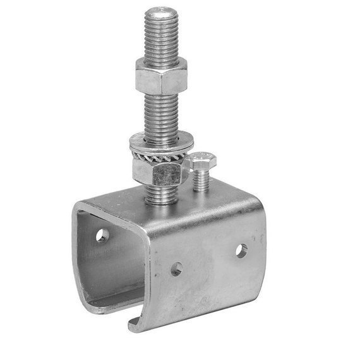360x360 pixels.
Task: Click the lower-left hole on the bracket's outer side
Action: [176, 268]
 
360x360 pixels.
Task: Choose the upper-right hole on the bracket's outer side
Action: [241, 250]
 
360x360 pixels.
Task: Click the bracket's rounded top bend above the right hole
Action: [246, 208]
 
